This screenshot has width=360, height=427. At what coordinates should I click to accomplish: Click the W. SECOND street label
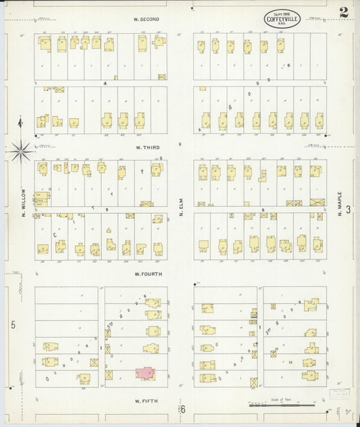tap(147, 19)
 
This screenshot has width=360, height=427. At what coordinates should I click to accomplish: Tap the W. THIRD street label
tap(147, 147)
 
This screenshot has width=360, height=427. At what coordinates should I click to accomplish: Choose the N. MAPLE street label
tap(340, 203)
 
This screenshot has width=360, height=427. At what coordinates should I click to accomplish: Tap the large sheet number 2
tap(344, 12)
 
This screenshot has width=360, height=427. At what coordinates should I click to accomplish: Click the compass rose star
tap(21, 150)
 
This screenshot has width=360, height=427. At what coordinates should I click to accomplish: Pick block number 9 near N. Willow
tap(107, 210)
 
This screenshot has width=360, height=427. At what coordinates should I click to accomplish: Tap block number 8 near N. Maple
tap(263, 210)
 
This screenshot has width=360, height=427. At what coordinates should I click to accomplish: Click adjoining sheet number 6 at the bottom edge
tap(182, 409)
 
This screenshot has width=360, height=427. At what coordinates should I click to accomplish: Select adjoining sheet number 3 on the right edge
tap(349, 209)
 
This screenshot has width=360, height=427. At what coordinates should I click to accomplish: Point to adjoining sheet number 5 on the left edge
tap(12, 325)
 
